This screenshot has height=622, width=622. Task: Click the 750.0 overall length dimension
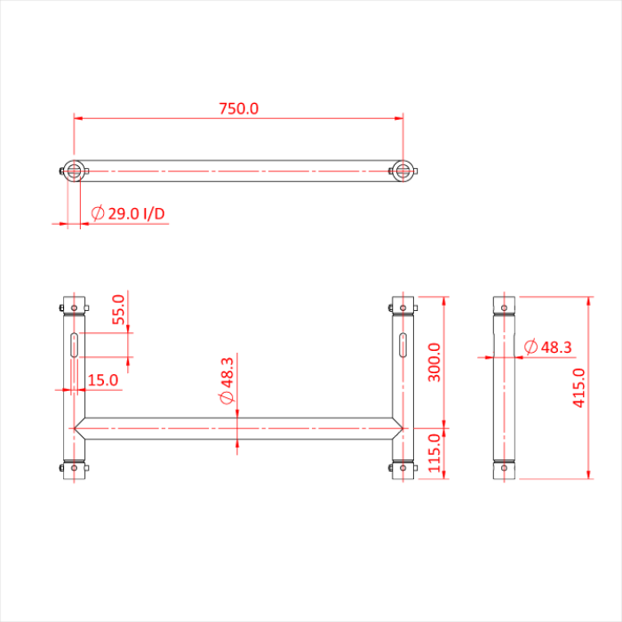(238, 108)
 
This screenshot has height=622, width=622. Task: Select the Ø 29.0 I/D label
(129, 214)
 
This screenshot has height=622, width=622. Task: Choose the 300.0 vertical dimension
(435, 361)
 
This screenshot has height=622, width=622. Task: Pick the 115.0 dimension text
(435, 453)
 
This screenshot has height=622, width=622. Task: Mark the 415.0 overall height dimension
(578, 387)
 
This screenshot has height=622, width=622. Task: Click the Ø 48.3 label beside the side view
(547, 347)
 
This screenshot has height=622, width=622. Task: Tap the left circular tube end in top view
(74, 171)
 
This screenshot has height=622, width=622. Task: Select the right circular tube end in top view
(403, 171)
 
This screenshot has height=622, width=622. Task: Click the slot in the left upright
(74, 345)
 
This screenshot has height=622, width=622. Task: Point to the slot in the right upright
(403, 345)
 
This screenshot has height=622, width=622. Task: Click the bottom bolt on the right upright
(403, 466)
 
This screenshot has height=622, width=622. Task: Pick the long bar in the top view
(238, 171)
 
